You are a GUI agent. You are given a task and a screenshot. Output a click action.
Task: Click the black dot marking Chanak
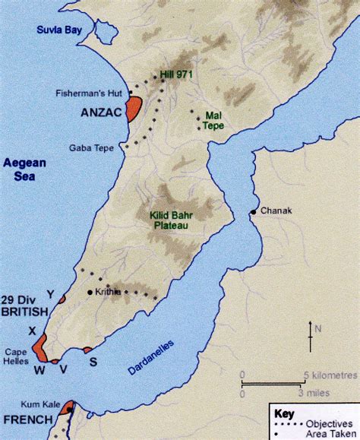click(x=254, y=211)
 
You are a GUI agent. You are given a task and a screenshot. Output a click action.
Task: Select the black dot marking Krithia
click(x=90, y=292)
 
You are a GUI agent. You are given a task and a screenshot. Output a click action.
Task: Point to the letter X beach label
click(x=32, y=331)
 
